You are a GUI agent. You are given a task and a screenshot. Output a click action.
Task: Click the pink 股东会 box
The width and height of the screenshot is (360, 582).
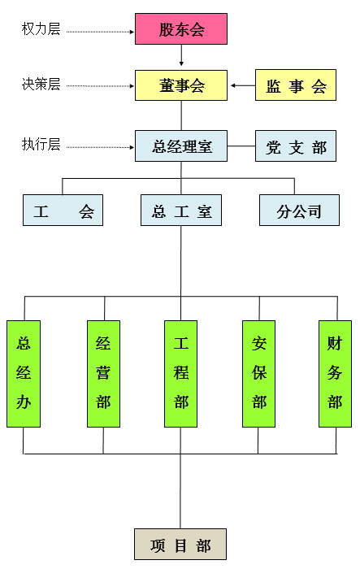[x=181, y=29]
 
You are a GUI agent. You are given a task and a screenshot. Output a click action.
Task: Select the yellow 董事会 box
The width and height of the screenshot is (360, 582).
[x=181, y=85]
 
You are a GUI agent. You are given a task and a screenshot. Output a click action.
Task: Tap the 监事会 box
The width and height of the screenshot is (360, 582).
[x=296, y=85]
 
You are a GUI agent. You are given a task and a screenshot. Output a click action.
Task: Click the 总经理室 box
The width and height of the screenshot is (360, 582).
[x=181, y=145]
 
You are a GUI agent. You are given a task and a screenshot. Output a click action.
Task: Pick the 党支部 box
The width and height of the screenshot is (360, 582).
[x=296, y=145]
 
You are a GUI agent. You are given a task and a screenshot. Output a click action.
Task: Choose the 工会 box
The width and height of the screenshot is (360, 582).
[x=63, y=210]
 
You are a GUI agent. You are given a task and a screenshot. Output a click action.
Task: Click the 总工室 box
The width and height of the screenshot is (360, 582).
[x=181, y=210]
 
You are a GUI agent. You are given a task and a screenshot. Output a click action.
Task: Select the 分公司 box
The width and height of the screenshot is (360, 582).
[x=300, y=210]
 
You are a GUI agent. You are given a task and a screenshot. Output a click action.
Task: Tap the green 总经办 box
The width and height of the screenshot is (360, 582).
[x=24, y=374]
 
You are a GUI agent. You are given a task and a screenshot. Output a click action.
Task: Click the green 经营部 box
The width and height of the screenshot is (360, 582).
[x=103, y=374]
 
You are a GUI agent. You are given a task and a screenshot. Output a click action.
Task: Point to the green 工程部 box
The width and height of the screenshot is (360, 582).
[x=180, y=374]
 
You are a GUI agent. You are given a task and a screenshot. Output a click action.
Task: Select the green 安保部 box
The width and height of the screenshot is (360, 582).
[x=258, y=374]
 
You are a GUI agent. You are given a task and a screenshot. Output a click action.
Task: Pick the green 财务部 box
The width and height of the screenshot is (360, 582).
[x=335, y=374]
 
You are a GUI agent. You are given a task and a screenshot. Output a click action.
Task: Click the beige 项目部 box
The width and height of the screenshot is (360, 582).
[x=180, y=544]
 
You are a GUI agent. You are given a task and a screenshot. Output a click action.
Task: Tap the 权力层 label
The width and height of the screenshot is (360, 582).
[x=41, y=28]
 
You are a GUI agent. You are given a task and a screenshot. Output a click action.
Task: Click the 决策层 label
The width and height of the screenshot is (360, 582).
[x=41, y=85]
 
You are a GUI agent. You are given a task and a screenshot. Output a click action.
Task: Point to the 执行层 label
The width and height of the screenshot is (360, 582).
[x=41, y=144]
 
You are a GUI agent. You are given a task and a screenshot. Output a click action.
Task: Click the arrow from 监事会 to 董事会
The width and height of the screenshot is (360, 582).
[x=243, y=85]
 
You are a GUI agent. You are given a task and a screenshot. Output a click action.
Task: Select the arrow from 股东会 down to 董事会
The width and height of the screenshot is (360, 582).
[x=181, y=55]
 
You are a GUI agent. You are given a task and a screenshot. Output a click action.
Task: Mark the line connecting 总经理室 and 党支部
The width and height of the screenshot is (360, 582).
[x=241, y=145]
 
